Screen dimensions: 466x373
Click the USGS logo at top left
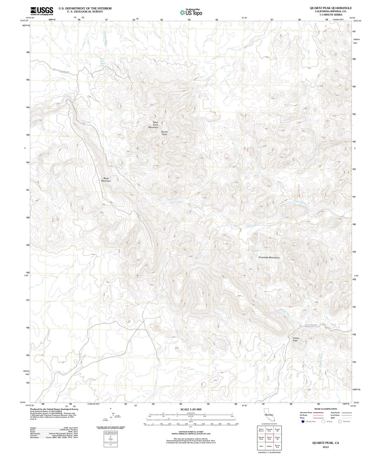[x=42, y=11]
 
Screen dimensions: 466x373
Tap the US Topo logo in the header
[x=191, y=12]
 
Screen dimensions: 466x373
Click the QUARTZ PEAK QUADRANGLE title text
[x=330, y=8]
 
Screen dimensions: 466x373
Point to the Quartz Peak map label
[x=164, y=133]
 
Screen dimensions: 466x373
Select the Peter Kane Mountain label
[x=153, y=125]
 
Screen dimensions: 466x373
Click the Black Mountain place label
[x=106, y=179]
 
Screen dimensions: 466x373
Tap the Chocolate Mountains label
[x=268, y=257]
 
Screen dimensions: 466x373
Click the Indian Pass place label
[x=296, y=339]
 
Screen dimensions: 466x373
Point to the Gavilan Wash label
[x=285, y=313]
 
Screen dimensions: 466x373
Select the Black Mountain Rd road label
[x=61, y=70]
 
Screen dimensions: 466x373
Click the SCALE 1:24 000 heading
[x=191, y=409]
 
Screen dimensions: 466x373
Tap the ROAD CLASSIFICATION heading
[x=326, y=409]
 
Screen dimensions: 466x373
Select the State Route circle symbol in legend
[x=340, y=421]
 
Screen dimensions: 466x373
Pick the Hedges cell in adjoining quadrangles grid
[x=269, y=446]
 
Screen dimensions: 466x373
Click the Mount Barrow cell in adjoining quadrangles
[x=261, y=430]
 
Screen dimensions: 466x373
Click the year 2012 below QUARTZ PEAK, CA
[x=326, y=447]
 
